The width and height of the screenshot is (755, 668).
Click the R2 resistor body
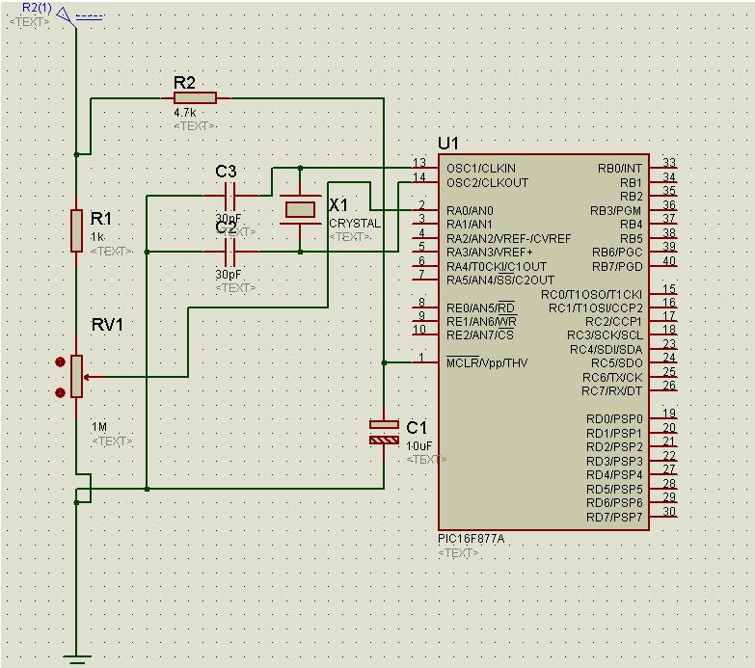[196, 97]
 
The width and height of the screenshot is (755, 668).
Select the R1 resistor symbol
[76, 229]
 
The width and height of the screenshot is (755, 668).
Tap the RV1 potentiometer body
[77, 376]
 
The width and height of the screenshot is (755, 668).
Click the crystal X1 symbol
[300, 208]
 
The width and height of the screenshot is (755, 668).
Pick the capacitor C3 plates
[229, 197]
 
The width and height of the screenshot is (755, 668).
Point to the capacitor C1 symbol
[384, 432]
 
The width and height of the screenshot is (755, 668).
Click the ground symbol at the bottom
[76, 659]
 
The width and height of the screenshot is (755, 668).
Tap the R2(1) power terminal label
[38, 8]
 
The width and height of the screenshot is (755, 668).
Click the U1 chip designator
[448, 144]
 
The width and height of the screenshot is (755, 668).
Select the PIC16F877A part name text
[471, 539]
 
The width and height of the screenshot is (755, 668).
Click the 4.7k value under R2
[185, 113]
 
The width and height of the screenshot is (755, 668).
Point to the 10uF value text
[419, 446]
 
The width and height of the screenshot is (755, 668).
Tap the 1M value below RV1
[99, 427]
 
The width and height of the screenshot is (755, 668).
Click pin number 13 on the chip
[419, 163]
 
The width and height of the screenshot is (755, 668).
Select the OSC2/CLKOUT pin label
[487, 182]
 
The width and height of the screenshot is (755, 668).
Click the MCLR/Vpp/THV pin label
[487, 362]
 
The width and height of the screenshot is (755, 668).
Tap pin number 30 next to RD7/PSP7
[669, 512]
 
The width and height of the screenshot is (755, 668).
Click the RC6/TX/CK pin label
[613, 377]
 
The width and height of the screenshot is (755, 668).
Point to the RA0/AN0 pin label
[470, 210]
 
